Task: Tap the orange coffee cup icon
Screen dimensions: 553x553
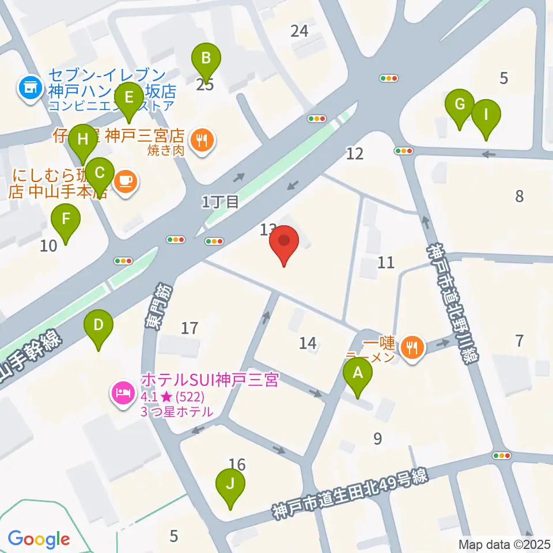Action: point(125,181)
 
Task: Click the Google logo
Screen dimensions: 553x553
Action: point(39,539)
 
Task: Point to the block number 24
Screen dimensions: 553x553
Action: point(300,31)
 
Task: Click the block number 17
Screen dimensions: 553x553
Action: point(190,328)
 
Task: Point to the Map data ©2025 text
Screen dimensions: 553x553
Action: point(505,544)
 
